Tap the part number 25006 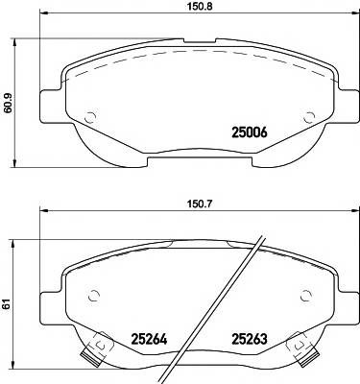252,133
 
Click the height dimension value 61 11,304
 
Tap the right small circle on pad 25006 310,119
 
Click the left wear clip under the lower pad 93,353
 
